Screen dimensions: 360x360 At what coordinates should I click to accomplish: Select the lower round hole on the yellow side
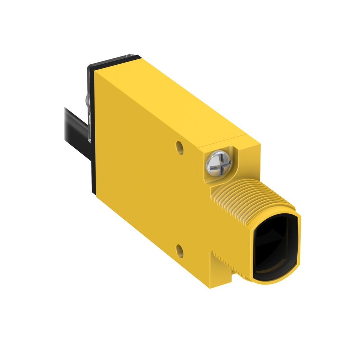180,250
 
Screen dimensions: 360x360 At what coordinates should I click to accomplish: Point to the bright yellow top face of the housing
176,98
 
